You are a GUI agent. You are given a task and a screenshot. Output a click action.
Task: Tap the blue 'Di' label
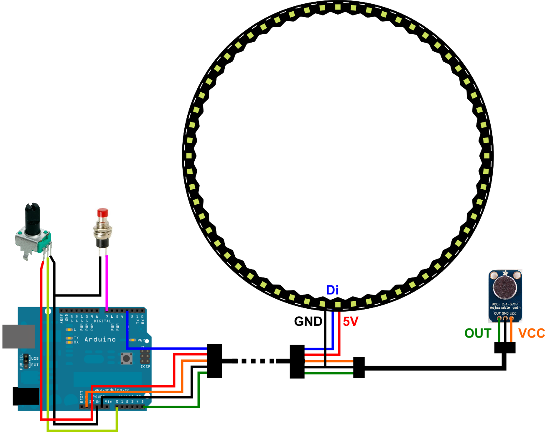(x=332, y=290)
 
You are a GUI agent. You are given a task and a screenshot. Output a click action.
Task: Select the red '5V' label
(x=351, y=321)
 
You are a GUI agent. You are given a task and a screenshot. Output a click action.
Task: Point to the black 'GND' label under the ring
(x=308, y=321)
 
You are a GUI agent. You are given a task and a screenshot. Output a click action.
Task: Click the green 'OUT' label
(x=478, y=333)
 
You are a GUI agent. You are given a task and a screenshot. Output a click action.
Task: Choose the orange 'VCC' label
(x=532, y=333)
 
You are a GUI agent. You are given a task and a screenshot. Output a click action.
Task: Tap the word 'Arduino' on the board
(x=100, y=339)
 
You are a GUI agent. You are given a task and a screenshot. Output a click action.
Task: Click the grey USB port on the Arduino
(x=18, y=336)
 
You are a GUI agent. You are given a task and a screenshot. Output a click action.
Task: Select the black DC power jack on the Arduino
(x=26, y=396)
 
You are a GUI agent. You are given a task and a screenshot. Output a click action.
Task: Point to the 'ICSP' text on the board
(x=145, y=366)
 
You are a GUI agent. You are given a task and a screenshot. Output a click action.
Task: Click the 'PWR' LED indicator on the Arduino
(x=133, y=341)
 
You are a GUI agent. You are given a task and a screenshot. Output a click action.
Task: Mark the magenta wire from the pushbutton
(x=107, y=280)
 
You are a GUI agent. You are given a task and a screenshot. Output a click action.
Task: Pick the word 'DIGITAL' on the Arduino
(x=102, y=321)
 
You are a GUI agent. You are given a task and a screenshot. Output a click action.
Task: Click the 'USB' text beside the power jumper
(x=35, y=358)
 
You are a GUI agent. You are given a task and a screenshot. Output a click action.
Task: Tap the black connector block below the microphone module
(x=505, y=347)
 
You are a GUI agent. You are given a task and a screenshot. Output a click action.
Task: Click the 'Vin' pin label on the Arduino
(x=109, y=402)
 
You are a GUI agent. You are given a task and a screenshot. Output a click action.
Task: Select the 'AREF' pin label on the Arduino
(x=62, y=318)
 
